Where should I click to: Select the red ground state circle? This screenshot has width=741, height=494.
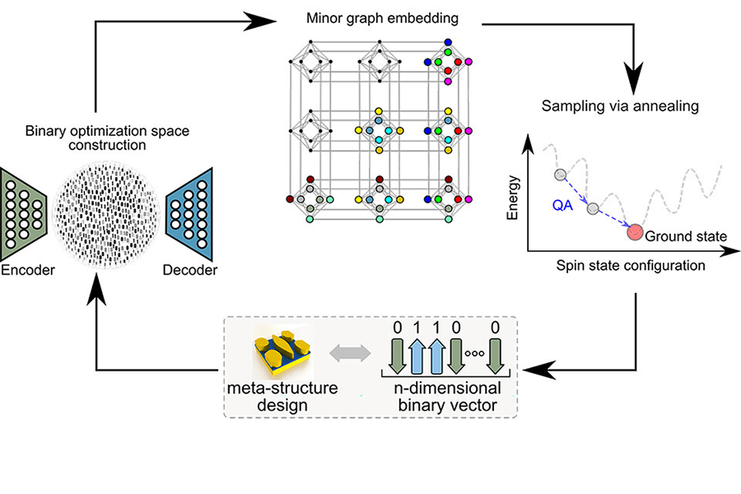(634, 233)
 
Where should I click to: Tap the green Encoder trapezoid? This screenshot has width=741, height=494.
(26, 206)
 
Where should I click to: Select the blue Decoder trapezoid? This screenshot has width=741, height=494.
(190, 207)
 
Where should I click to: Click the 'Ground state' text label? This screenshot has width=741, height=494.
(685, 236)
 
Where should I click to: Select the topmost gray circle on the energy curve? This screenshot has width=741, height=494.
(560, 175)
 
